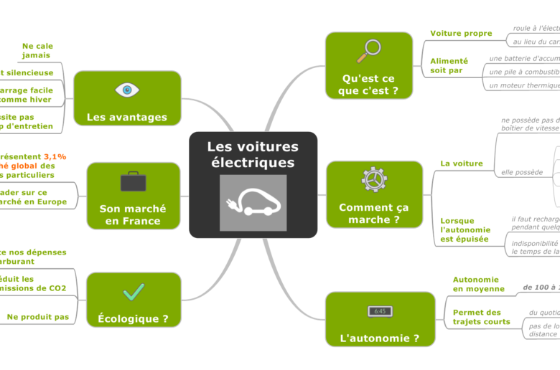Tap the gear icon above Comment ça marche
click(373, 179)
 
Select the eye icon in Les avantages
click(127, 90)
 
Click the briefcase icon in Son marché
click(133, 181)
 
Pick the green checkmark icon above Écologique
click(134, 291)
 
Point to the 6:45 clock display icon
click(380, 311)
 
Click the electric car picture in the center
click(253, 202)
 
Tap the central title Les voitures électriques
click(253, 154)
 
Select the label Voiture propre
click(461, 34)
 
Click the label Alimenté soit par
click(449, 66)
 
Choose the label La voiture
click(461, 163)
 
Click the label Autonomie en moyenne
click(475, 284)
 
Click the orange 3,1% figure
click(55, 156)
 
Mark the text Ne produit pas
click(38, 317)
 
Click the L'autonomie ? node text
click(380, 338)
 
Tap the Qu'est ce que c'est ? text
click(368, 85)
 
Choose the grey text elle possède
click(521, 173)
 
